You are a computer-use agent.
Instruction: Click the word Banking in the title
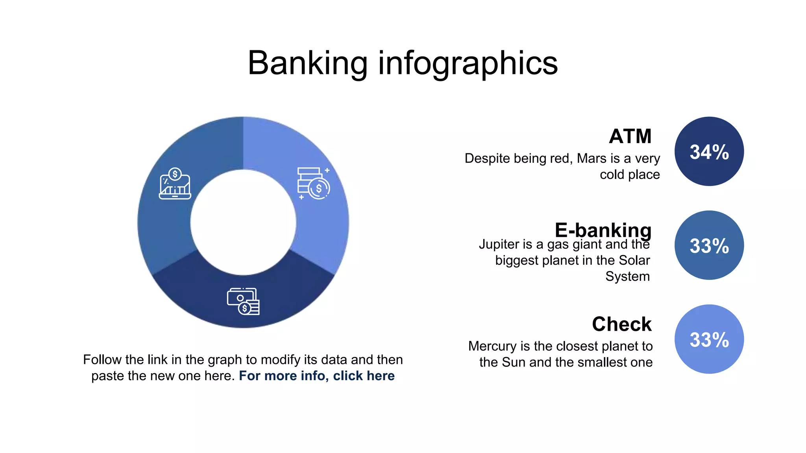click(307, 64)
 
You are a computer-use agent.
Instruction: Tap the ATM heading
click(630, 136)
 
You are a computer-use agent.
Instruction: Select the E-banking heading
click(603, 230)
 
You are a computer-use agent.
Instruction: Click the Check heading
click(621, 324)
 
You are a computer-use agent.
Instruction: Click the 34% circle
click(709, 151)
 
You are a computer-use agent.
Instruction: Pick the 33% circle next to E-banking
click(709, 245)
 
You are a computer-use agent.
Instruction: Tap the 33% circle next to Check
click(709, 339)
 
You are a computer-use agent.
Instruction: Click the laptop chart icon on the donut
click(175, 184)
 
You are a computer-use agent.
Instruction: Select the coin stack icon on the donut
click(313, 183)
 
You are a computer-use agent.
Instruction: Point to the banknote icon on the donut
click(243, 302)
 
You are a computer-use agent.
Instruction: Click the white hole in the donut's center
click(243, 222)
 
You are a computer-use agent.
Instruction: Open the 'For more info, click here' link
click(316, 376)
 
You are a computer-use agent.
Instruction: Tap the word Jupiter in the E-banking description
click(498, 245)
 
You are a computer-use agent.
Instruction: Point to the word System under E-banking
click(627, 276)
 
